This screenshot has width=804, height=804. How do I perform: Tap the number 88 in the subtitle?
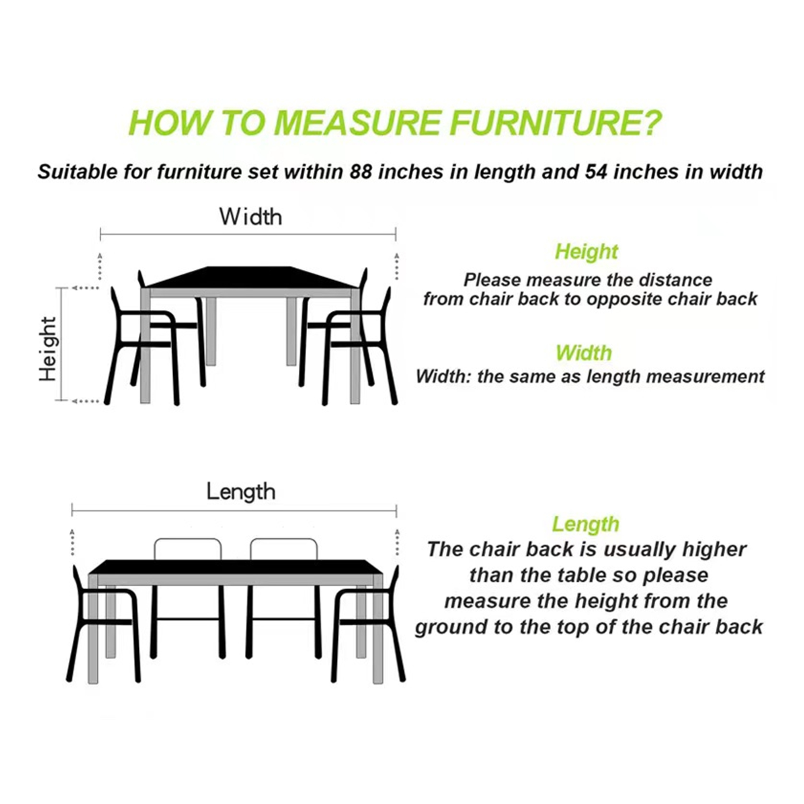pyautogui.click(x=360, y=172)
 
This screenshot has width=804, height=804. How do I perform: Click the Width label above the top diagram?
pyautogui.click(x=250, y=217)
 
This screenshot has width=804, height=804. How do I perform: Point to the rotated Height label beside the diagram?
pyautogui.click(x=48, y=349)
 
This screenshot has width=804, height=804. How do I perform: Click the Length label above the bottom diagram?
pyautogui.click(x=241, y=492)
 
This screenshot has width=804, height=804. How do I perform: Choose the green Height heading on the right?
pyautogui.click(x=587, y=252)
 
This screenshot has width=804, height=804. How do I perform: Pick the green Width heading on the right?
pyautogui.click(x=583, y=353)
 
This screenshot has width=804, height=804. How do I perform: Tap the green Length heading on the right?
pyautogui.click(x=586, y=524)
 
